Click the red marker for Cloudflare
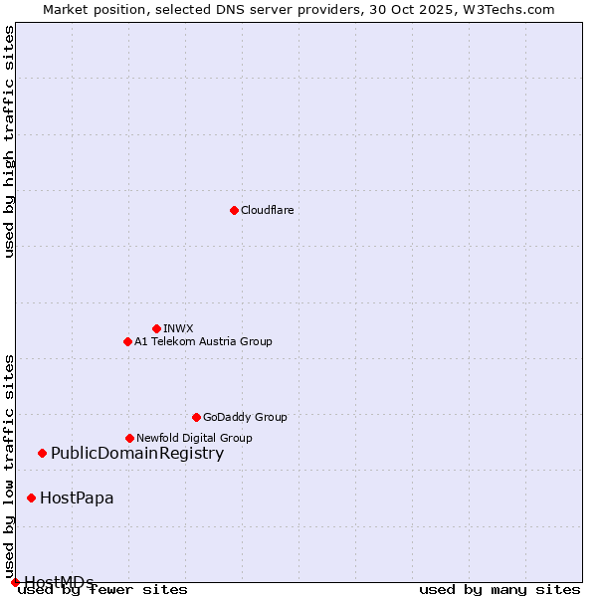(x=234, y=210)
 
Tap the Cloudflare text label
(x=267, y=210)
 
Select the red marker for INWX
(x=156, y=328)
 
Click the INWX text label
(x=178, y=328)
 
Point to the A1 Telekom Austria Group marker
(x=127, y=341)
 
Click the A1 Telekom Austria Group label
(x=203, y=341)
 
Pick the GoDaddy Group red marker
(x=196, y=417)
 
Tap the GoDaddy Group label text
(x=245, y=417)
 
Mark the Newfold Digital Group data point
(x=129, y=438)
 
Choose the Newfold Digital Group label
(x=194, y=438)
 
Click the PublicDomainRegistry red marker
(x=42, y=454)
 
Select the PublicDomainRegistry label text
(x=137, y=454)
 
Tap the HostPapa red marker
(x=32, y=497)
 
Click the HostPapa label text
(x=77, y=497)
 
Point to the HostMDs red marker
(x=15, y=582)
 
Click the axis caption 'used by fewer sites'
(x=103, y=589)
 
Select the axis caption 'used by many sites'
(x=499, y=589)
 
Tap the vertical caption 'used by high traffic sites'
(x=9, y=141)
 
